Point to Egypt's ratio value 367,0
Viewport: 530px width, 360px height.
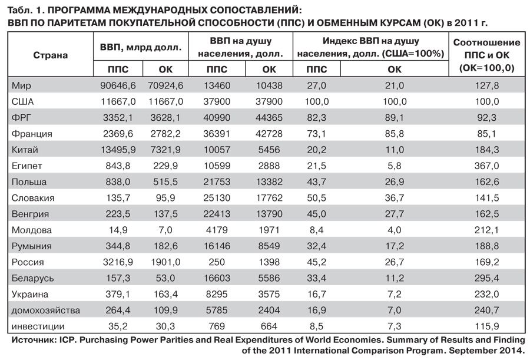pyautogui.click(x=486, y=166)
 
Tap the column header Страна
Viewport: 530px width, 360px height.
pyautogui.click(x=50, y=55)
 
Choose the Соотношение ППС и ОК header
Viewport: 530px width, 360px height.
pyautogui.click(x=486, y=55)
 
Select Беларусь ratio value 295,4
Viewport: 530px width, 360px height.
pyautogui.click(x=486, y=278)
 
